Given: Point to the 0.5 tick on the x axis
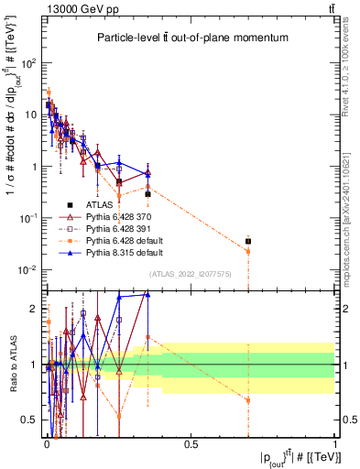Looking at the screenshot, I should pos(191,446).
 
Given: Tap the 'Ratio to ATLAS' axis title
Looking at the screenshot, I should pos(13,365).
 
